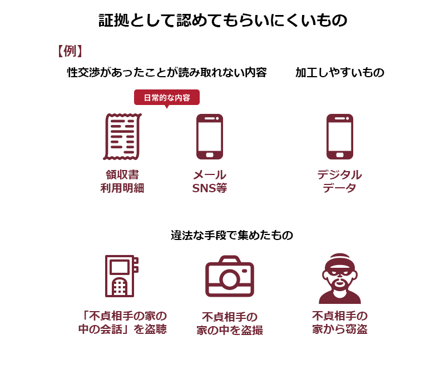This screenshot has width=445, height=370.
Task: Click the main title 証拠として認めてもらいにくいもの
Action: (223, 20)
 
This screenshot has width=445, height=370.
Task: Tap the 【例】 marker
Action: (70, 51)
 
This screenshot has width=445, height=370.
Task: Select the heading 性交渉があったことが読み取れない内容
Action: (167, 73)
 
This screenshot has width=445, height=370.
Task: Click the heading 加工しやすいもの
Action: (340, 73)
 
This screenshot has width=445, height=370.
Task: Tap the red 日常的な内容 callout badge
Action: (167, 98)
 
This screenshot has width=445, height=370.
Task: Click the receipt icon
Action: (122, 136)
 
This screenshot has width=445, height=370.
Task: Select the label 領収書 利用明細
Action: (122, 181)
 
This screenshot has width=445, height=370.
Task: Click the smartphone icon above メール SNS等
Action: (210, 136)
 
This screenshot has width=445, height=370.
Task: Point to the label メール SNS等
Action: (210, 181)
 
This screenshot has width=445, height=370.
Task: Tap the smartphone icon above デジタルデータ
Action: (340, 136)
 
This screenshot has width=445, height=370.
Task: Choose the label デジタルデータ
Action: (340, 181)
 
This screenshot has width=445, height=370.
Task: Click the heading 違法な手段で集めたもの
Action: (232, 236)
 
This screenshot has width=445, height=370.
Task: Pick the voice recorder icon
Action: (121, 276)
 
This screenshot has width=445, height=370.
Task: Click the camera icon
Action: (230, 276)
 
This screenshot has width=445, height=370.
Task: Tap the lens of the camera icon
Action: (230, 279)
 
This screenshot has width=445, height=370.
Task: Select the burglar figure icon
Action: (340, 278)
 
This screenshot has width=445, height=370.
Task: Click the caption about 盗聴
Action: (122, 322)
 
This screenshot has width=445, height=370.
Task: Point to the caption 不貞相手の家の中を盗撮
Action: (230, 323)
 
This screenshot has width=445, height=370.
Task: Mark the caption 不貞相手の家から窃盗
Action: (340, 322)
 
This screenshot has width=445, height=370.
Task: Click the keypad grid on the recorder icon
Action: (120, 287)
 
